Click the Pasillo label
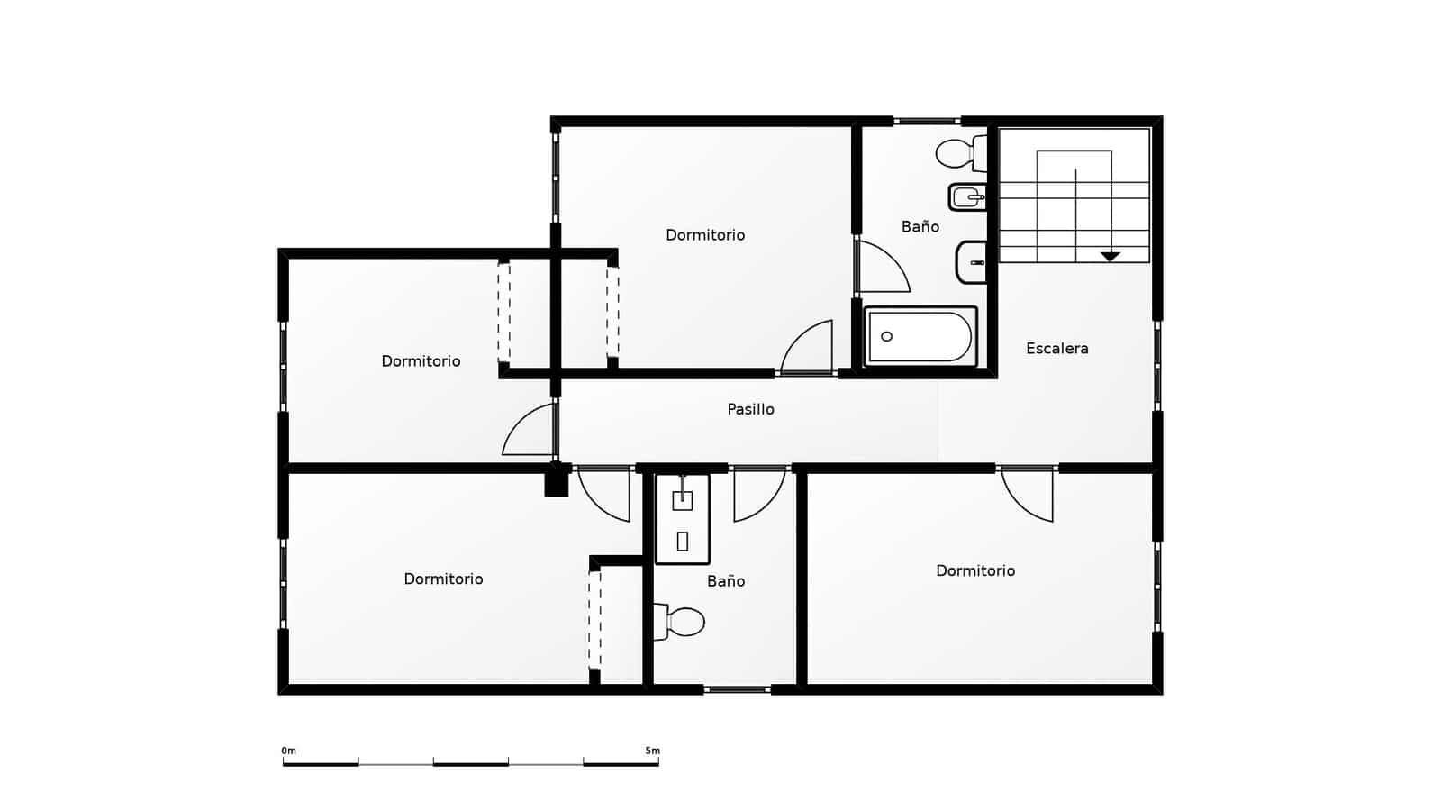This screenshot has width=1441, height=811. [750, 409]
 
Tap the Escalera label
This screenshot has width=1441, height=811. [1056, 348]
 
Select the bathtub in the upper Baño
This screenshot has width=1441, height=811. [920, 337]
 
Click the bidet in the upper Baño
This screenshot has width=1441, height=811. [967, 196]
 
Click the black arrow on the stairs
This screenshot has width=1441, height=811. [1110, 257]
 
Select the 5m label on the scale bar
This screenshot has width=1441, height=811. [652, 751]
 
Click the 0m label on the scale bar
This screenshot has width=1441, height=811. [288, 751]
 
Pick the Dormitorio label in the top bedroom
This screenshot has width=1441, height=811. [705, 235]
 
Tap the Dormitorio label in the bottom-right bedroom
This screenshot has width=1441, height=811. [974, 570]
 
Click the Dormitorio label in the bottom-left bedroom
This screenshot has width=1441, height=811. [443, 579]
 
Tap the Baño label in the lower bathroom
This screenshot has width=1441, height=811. [725, 581]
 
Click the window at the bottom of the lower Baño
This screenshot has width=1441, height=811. [737, 689]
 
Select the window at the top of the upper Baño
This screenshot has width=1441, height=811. [927, 120]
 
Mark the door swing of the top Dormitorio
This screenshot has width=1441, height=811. [808, 349]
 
